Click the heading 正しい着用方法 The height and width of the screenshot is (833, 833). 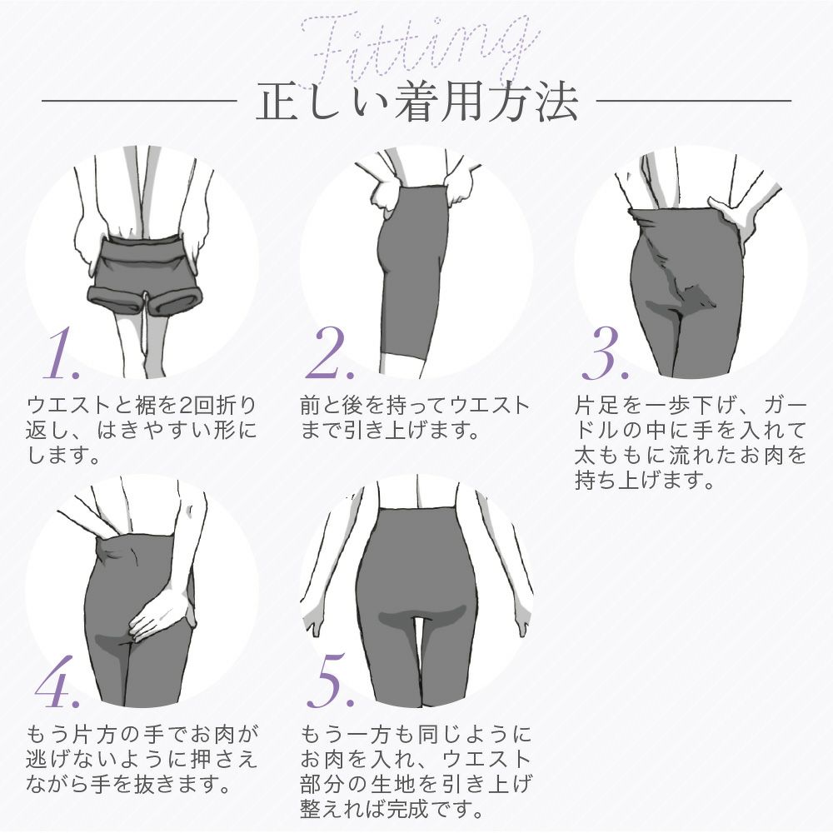click(x=416, y=102)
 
